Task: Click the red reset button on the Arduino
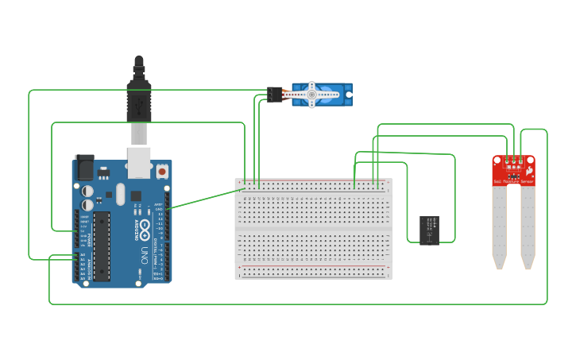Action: pyautogui.click(x=162, y=171)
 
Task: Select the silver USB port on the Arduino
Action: pyautogui.click(x=140, y=161)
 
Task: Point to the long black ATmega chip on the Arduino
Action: pyautogui.click(x=102, y=246)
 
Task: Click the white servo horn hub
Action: pyautogui.click(x=311, y=95)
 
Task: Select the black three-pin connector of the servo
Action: pyautogui.click(x=275, y=94)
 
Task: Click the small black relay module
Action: pyautogui.click(x=429, y=230)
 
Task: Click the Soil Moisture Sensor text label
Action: pyautogui.click(x=513, y=182)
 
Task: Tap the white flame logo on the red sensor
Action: pyautogui.click(x=529, y=169)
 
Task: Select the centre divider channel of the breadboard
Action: pyautogui.click(x=313, y=229)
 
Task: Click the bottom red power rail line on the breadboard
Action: pyautogui.click(x=313, y=266)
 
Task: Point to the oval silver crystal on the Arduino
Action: pyautogui.click(x=120, y=194)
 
